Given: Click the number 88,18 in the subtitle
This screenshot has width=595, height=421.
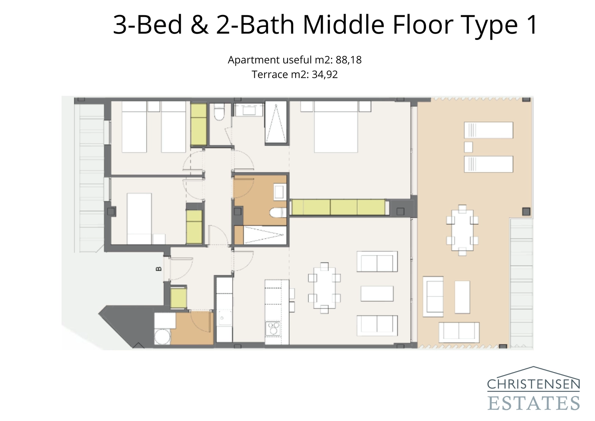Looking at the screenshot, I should click(348, 60).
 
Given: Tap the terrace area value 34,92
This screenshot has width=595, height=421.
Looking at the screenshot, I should click(324, 74).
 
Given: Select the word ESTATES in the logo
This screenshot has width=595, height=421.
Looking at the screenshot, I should click(533, 403).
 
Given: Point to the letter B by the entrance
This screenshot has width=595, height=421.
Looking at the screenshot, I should click(159, 268).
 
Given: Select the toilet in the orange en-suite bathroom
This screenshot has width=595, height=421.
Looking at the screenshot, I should click(277, 213).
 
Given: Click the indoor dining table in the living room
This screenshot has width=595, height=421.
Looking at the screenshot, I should click(324, 288).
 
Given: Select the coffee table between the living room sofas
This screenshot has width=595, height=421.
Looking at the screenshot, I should click(377, 293).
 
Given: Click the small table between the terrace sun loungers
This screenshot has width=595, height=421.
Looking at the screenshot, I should click(468, 147).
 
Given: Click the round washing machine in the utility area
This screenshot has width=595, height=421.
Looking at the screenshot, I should click(162, 337).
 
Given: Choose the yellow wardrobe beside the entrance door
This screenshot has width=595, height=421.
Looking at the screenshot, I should click(178, 298).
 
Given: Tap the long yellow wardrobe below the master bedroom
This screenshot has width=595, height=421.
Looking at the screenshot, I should click(338, 207).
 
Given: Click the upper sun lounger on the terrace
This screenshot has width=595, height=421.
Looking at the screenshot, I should click(488, 130).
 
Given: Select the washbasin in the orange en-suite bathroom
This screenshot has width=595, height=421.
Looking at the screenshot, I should click(279, 192).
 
